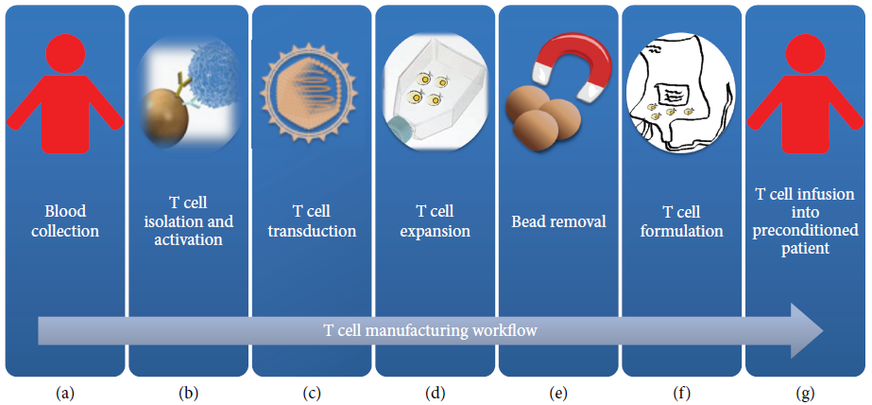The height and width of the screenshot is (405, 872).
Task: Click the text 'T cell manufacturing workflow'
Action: click(431, 330)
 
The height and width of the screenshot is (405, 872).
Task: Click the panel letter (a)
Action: click(65, 393)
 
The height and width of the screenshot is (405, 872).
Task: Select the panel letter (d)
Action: click(435, 393)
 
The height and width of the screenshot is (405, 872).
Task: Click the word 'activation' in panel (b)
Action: click(189, 239)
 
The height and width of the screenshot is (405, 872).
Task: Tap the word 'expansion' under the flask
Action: click(435, 231)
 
